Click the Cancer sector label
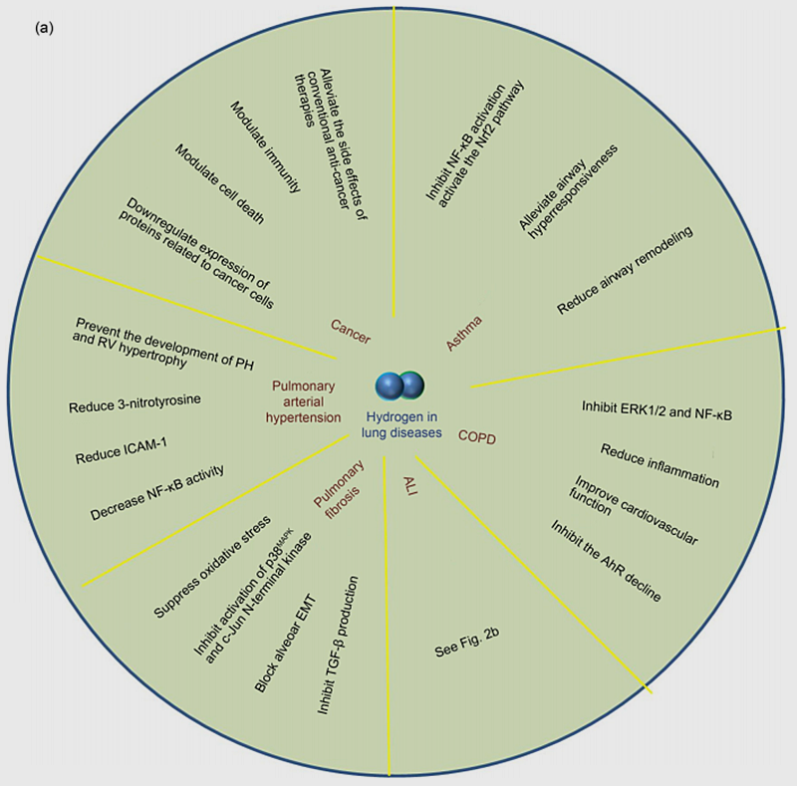point(351,332)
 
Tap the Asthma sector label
point(464,334)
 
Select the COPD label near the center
point(477,437)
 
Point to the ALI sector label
point(410,485)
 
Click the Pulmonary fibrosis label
point(340,489)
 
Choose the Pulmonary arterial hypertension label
point(304,401)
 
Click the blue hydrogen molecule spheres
point(399,386)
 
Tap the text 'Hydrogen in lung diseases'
point(401,424)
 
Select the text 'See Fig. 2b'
point(467,643)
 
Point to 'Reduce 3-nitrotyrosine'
point(134,403)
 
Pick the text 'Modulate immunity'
point(265,146)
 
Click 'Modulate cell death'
point(219,183)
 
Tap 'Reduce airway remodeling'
point(625,270)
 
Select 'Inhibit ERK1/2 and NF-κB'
point(658,410)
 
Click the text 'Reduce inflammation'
point(660,465)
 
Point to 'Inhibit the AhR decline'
point(606,561)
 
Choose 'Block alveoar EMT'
point(285,644)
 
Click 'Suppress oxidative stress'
point(212,567)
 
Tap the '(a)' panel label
point(44,28)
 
